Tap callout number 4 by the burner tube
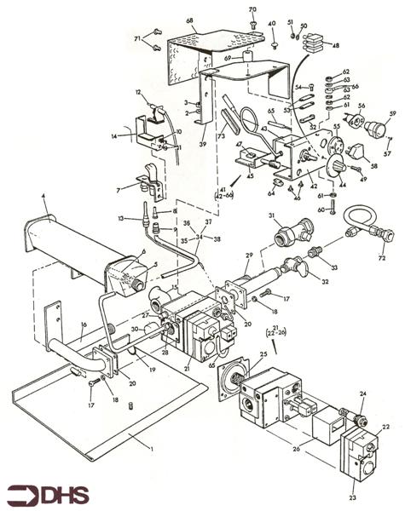tap(43, 198)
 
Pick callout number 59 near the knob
tap(393, 113)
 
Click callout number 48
tap(335, 45)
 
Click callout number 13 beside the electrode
tap(124, 219)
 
